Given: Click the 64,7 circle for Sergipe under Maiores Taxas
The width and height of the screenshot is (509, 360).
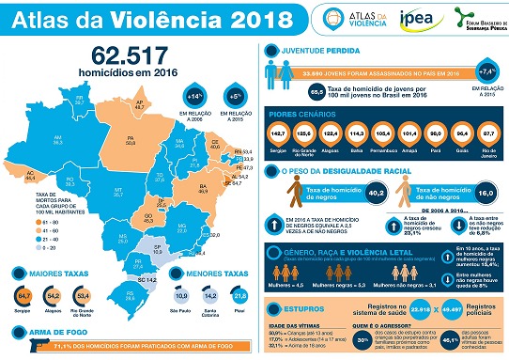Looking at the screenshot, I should pos(24,298).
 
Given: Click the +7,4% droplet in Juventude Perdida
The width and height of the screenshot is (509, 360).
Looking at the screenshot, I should pos(488,70).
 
